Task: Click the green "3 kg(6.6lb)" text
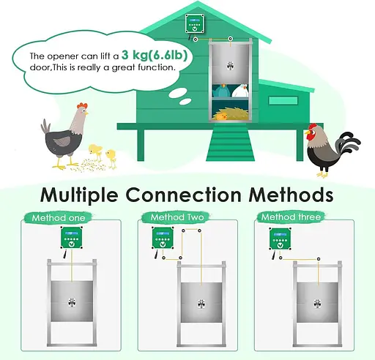tap(155, 55)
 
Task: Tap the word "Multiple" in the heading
tap(79, 195)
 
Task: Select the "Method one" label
tap(59, 218)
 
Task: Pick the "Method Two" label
tap(177, 217)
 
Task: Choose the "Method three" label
tap(291, 217)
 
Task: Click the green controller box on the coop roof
tap(195, 23)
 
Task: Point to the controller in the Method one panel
tap(72, 238)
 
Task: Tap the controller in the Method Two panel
tap(163, 238)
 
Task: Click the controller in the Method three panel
tap(280, 239)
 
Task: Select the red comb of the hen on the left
tap(82, 105)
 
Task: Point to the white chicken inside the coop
tap(240, 91)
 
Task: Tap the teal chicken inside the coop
tap(222, 91)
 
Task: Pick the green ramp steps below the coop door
tap(230, 142)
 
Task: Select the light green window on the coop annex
tap(283, 100)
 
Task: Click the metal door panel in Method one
tap(72, 301)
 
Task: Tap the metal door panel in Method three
tap(317, 302)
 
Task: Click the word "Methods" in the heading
tap(291, 195)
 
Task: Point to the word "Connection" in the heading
tap(183, 195)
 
